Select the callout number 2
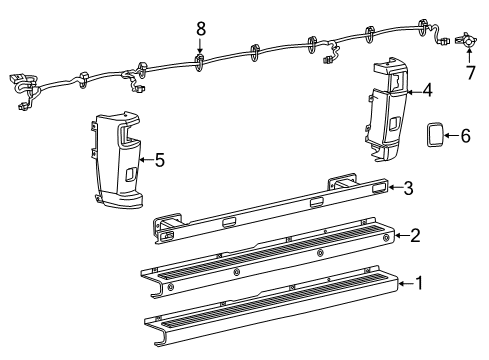pos(414,235)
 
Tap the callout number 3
pos(408,187)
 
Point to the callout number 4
pos(427,91)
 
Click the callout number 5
pos(160,158)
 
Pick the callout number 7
pos(468,72)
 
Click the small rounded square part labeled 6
pos(435,134)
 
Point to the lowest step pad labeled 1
pos(270,310)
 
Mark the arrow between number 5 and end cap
pos(147,158)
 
